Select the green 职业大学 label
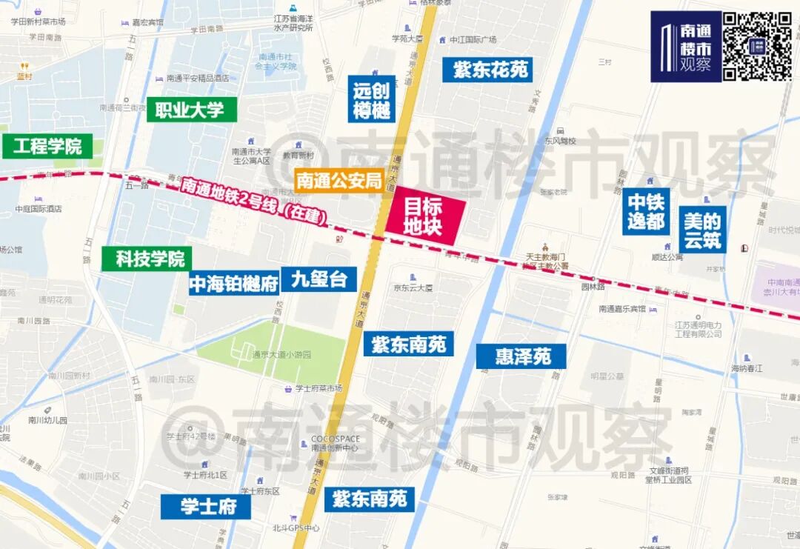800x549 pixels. tap(191, 110)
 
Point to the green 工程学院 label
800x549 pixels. tap(47, 146)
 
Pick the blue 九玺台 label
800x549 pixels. tap(319, 279)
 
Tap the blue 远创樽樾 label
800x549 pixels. tap(372, 102)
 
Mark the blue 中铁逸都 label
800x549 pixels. tap(646, 211)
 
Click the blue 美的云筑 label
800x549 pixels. tap(701, 230)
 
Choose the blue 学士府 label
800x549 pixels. tap(206, 507)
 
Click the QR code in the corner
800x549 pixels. tap(757, 46)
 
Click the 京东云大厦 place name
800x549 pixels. tap(413, 288)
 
